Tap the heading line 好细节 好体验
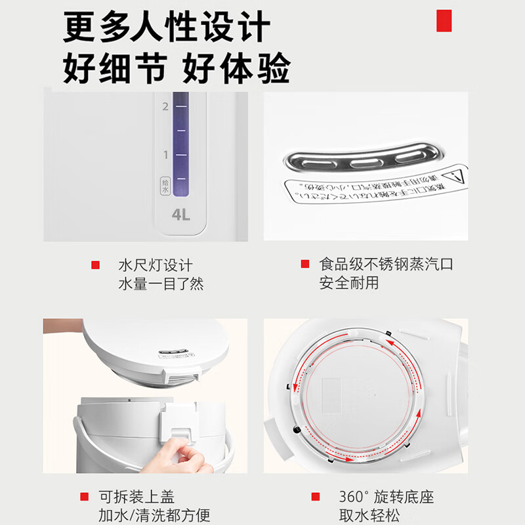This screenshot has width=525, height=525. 176,68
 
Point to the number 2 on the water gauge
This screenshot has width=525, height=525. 165,106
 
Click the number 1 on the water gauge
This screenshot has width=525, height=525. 165,155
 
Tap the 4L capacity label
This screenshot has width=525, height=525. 180,215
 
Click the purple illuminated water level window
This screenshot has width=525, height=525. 180,144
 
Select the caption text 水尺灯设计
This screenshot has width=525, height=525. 156,265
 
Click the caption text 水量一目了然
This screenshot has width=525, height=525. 161,284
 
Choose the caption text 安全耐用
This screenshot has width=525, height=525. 348,284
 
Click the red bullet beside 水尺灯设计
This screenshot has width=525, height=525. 95,265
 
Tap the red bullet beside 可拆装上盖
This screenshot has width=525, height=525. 84,497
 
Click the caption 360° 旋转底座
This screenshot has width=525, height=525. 377,497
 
